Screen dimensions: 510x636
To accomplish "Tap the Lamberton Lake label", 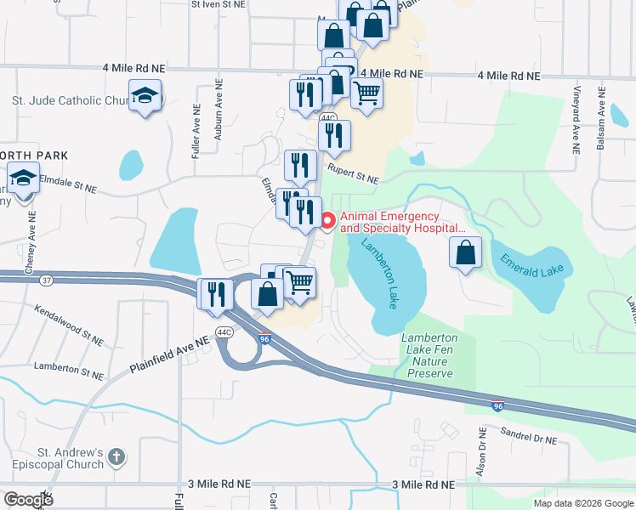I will (x=379, y=273).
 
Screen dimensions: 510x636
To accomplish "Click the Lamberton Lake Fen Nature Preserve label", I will (x=429, y=354).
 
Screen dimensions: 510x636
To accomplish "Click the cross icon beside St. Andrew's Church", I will (x=117, y=457).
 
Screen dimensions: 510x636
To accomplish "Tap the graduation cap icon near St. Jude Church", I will (x=145, y=96).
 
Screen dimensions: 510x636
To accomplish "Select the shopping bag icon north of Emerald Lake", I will (x=465, y=253).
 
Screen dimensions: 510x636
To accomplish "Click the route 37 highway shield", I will (x=45, y=280).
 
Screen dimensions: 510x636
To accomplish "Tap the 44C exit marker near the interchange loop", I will (x=224, y=332).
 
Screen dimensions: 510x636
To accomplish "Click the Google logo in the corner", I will (x=28, y=500).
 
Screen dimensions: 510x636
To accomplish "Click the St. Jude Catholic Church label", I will (x=69, y=100).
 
